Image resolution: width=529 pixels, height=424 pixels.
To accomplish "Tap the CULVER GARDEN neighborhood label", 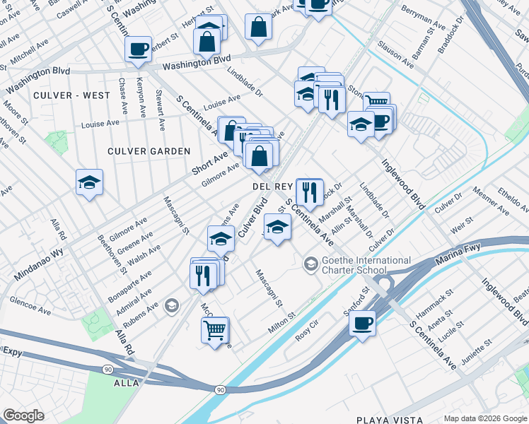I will (x=149, y=151).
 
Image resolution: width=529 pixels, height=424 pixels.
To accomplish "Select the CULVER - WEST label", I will (x=71, y=95).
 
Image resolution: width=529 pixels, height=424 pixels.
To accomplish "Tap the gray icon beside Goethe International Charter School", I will (x=310, y=264).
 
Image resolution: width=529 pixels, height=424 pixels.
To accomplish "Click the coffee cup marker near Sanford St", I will (x=362, y=324).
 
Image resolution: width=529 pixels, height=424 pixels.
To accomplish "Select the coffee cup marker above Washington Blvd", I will (x=138, y=49).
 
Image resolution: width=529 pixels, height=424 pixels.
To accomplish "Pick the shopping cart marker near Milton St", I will (x=215, y=329).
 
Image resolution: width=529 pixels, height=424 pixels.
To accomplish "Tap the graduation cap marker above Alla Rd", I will (x=90, y=183).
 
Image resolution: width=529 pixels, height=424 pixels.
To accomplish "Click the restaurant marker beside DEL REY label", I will (x=309, y=191).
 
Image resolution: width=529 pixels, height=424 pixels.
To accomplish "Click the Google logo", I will (x=24, y=416).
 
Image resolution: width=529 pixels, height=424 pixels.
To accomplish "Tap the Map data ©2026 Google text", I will (x=486, y=418).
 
